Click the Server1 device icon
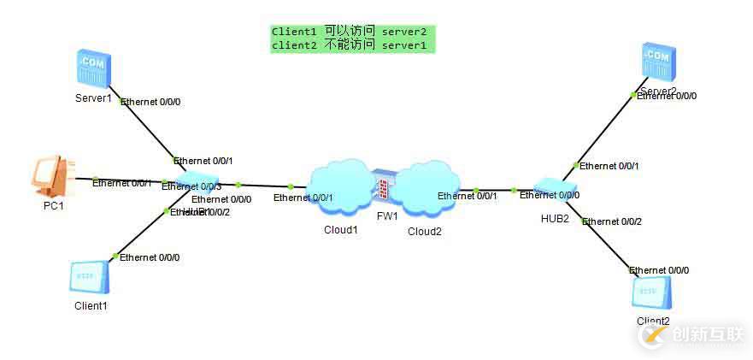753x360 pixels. [92, 69]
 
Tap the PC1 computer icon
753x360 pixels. [53, 177]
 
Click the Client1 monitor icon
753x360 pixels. [89, 278]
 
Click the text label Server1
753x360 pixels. [93, 98]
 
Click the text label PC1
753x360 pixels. [54, 205]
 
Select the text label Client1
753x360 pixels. [90, 305]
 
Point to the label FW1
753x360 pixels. [387, 216]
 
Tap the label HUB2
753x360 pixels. [555, 218]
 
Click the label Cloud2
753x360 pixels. [425, 231]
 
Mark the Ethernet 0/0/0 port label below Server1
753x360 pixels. [151, 102]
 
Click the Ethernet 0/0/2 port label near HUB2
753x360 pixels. [612, 221]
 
